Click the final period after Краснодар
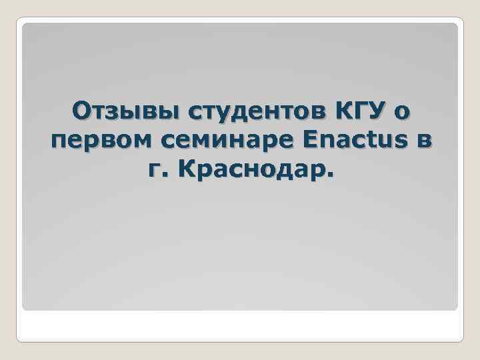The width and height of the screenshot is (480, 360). point(330,177)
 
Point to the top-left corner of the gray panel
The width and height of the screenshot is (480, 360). point(23,24)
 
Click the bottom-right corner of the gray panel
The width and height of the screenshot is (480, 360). point(457,309)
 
